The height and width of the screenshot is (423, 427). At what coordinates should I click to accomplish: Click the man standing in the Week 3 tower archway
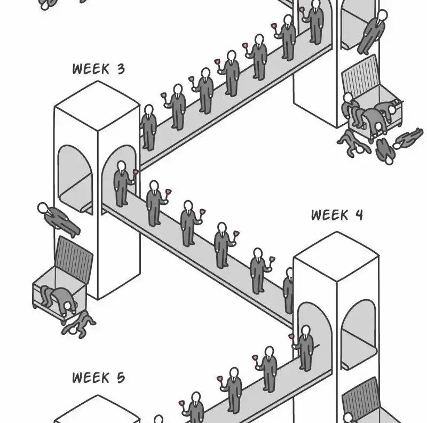coord(122,183)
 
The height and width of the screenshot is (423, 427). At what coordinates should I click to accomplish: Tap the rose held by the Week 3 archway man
coord(136,172)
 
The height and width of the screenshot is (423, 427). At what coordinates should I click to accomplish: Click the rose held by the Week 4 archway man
coord(292,337)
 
